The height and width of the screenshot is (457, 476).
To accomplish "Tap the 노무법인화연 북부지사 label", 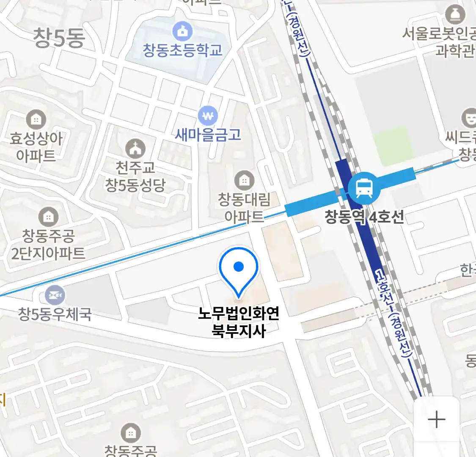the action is pos(239,322).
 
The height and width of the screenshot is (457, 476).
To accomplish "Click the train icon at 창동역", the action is pos(364,187).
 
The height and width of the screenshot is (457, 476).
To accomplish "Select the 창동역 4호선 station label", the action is pos(364,217).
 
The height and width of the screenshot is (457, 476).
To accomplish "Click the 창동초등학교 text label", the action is pos(182,50).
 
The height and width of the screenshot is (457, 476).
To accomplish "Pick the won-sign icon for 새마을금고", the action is pos(208,116).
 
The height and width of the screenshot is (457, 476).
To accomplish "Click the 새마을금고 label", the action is pos(208,135).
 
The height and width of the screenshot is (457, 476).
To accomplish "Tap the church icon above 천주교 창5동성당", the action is pos(135,149).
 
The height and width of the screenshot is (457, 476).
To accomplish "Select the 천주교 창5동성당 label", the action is pos(135,176).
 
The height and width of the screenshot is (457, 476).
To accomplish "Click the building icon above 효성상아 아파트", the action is pos(36,120).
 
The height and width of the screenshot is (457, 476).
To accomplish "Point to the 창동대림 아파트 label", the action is pos(244,207).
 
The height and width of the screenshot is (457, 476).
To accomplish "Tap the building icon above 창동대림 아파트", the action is pos(244,181).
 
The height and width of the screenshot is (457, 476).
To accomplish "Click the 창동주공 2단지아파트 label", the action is pos(48,244).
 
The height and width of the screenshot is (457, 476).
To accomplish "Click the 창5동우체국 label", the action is pos(55,314).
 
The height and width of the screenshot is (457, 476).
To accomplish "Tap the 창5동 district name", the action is pos(59,38).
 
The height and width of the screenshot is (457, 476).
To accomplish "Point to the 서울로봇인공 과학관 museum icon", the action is pos(455,15).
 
